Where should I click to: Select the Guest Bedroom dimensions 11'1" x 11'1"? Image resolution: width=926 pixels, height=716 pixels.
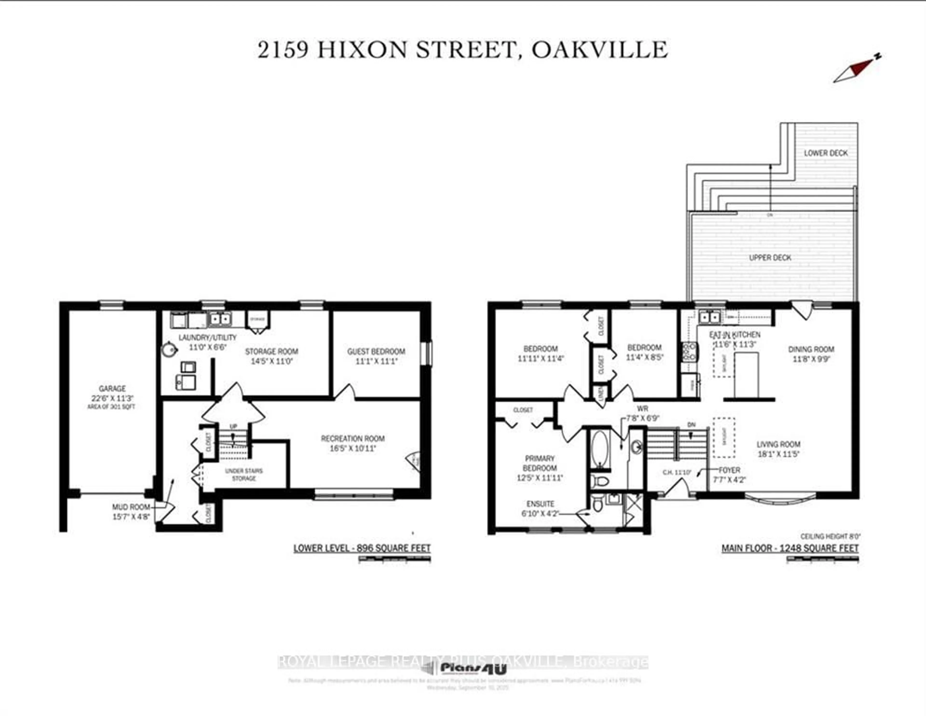pyautogui.click(x=376, y=361)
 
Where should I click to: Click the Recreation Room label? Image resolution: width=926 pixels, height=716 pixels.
pyautogui.click(x=353, y=438)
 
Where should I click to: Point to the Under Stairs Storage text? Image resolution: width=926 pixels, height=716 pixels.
pyautogui.click(x=244, y=474)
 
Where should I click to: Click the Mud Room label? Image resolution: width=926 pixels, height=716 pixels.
pyautogui.click(x=131, y=507)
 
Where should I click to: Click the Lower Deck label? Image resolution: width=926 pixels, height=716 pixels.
pyautogui.click(x=825, y=153)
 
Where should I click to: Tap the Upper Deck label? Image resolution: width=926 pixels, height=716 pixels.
pyautogui.click(x=770, y=258)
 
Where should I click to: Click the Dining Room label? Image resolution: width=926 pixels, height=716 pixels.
pyautogui.click(x=811, y=349)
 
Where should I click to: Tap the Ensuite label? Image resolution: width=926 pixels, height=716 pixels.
pyautogui.click(x=540, y=504)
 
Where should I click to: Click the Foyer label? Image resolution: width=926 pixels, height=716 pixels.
pyautogui.click(x=729, y=470)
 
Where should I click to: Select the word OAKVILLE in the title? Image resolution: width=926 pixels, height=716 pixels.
pyautogui.click(x=599, y=50)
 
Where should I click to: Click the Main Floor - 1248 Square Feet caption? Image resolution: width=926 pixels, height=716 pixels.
pyautogui.click(x=790, y=548)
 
